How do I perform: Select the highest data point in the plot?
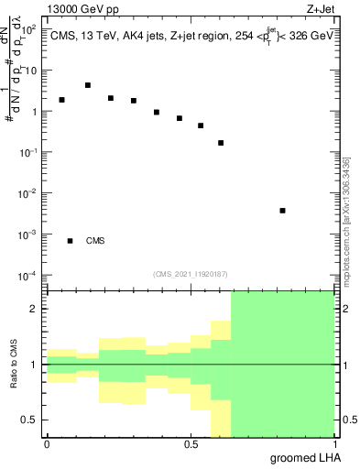coord(88,85)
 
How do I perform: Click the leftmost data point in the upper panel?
coord(61,100)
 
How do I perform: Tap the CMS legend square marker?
coord(70,241)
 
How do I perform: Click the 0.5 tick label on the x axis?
coord(191,443)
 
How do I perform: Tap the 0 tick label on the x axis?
coord(47,443)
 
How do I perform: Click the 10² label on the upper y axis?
coord(28,30)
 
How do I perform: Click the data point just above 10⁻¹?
coord(221,143)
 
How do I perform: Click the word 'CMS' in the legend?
coord(95,241)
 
